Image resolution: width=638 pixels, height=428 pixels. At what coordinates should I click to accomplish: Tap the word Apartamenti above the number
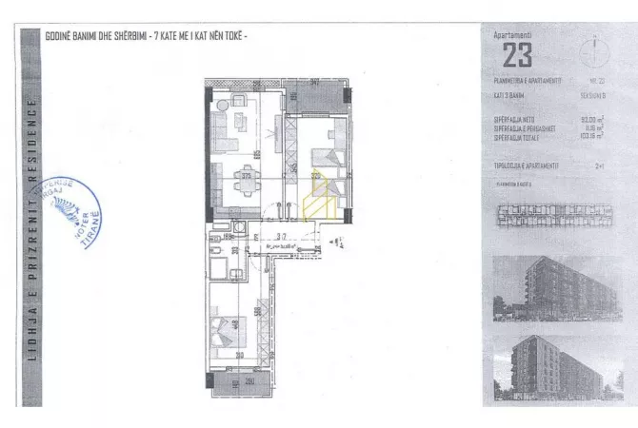511,36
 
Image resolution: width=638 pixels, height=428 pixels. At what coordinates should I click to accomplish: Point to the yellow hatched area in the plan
317,200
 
